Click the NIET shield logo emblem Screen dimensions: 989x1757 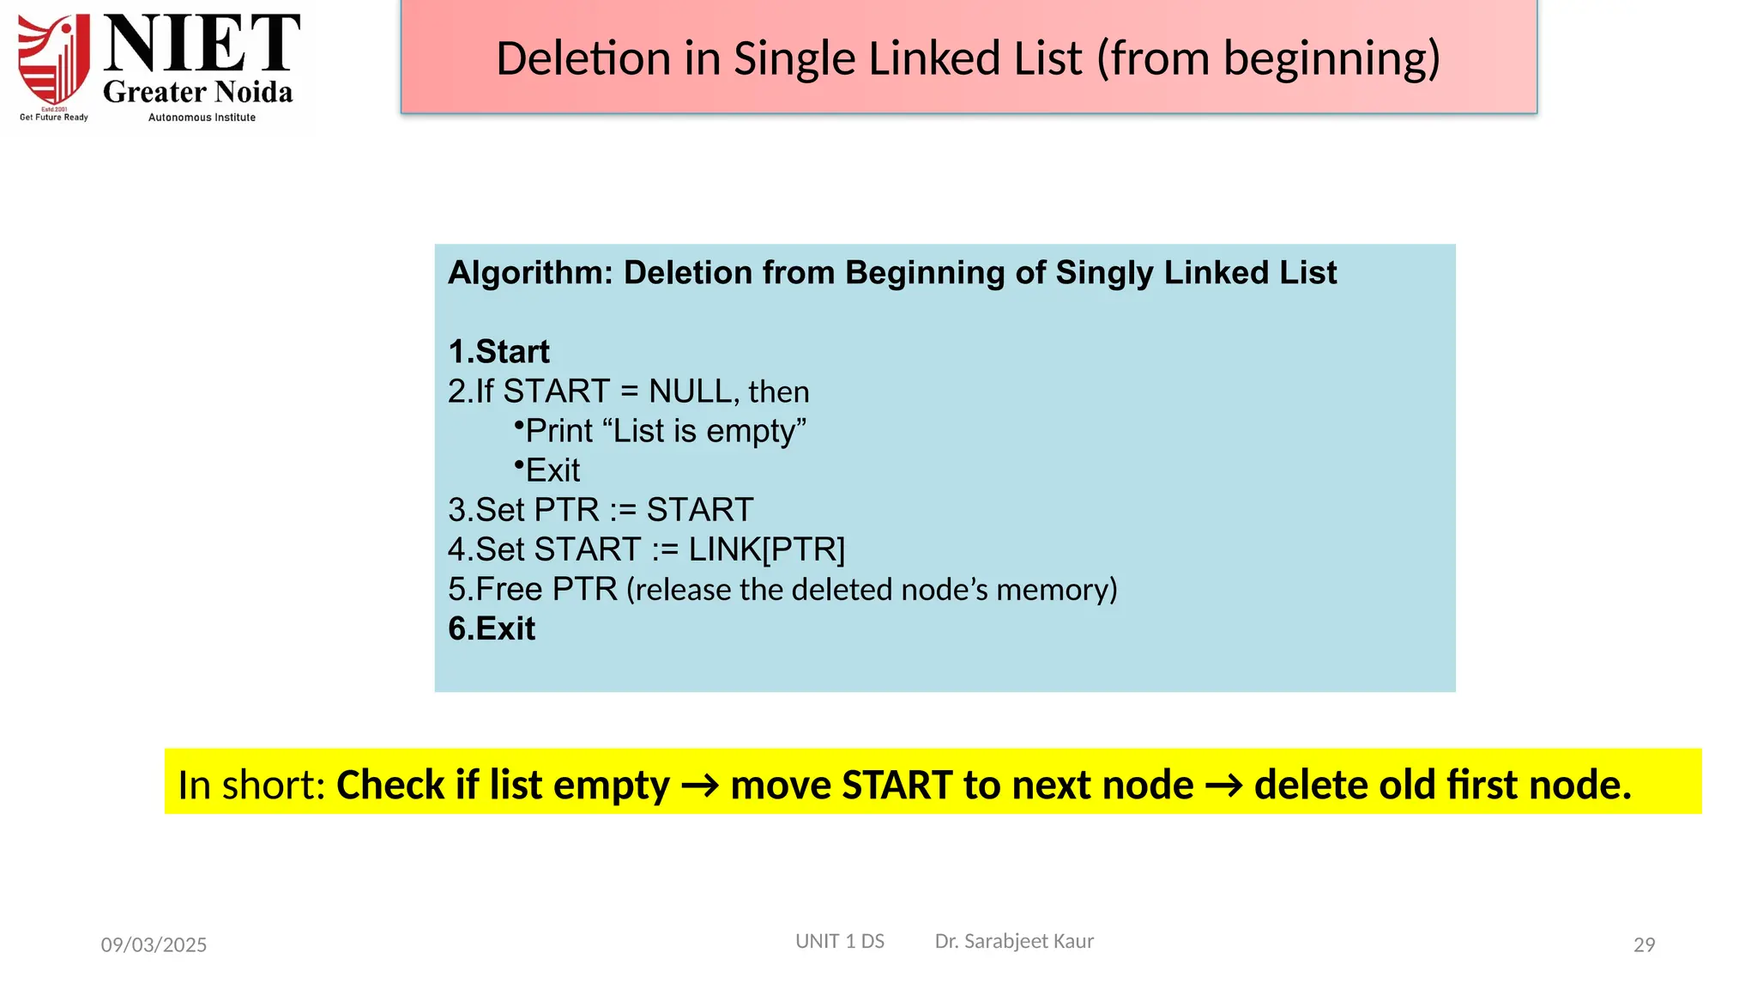click(54, 60)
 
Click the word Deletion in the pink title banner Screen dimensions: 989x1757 click(583, 59)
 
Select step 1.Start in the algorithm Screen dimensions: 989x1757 click(498, 352)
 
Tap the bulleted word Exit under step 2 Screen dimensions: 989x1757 click(552, 470)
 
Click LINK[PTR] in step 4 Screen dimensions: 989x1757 click(766, 549)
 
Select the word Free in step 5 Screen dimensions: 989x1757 click(509, 590)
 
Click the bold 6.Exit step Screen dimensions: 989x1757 click(492, 629)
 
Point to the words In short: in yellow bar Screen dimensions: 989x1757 click(251, 785)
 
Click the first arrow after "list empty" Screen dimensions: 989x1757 click(699, 786)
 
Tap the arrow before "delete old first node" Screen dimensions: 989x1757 click(1223, 786)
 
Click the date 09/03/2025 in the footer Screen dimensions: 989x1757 click(154, 945)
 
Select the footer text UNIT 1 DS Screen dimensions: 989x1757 click(839, 942)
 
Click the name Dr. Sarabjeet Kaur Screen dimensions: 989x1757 click(1014, 942)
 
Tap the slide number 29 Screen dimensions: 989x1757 click(1644, 945)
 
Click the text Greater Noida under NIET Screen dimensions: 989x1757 click(198, 92)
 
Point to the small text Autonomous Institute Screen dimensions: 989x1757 click(202, 118)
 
